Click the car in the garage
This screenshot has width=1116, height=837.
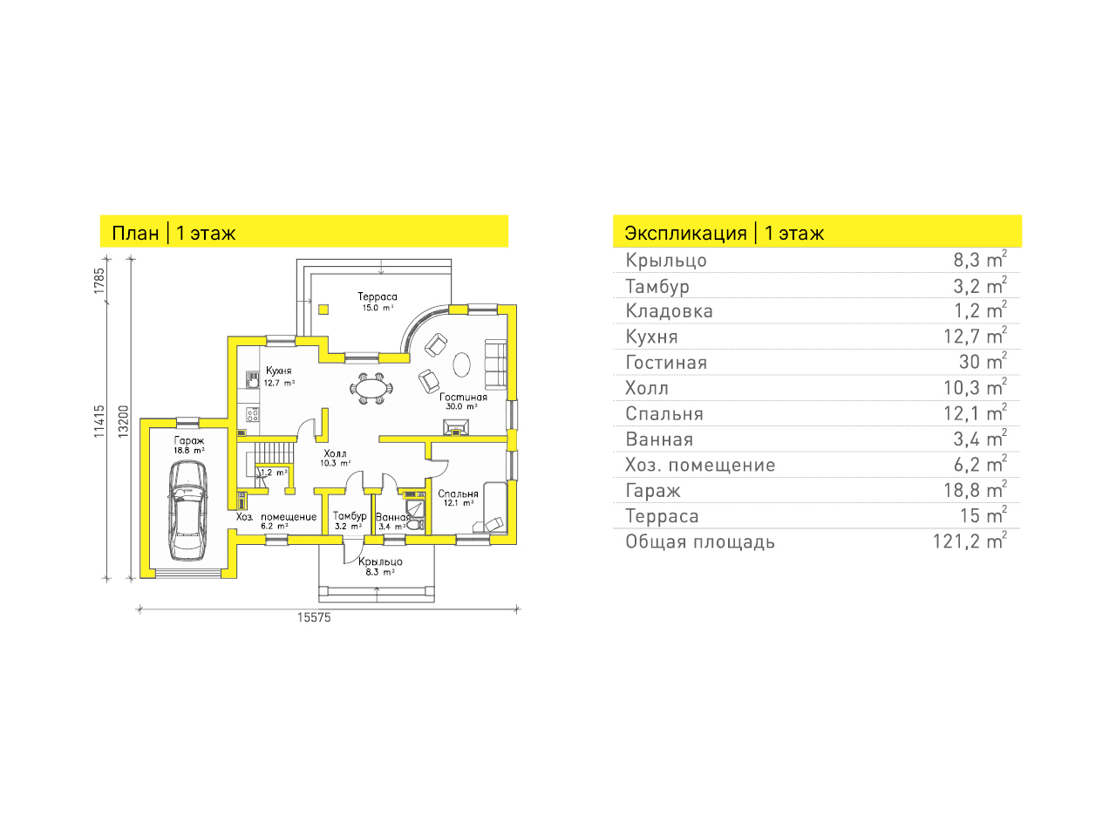click(187, 510)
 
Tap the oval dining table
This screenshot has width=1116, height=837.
click(371, 389)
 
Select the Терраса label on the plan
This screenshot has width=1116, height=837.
click(378, 296)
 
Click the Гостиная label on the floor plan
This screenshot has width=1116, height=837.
click(463, 397)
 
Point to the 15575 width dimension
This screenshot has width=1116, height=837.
click(314, 617)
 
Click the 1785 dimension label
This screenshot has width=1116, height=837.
click(99, 281)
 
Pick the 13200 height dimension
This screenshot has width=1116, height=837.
click(124, 421)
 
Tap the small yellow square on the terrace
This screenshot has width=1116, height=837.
click(323, 309)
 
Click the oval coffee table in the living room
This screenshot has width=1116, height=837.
click(461, 364)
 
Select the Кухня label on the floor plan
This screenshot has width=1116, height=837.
click(279, 371)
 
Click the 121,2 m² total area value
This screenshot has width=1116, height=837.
click(970, 541)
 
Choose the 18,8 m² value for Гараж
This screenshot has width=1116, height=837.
click(975, 490)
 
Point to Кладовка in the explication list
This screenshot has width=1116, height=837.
click(669, 311)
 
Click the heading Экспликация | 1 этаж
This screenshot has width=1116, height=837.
click(724, 234)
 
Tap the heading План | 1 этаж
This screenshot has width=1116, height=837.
click(174, 234)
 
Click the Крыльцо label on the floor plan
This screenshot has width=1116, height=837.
click(380, 561)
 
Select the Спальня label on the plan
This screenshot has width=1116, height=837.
click(458, 493)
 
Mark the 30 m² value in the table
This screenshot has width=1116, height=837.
click(983, 362)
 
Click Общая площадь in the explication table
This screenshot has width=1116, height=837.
click(700, 541)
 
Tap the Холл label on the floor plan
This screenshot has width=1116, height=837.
click(335, 453)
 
